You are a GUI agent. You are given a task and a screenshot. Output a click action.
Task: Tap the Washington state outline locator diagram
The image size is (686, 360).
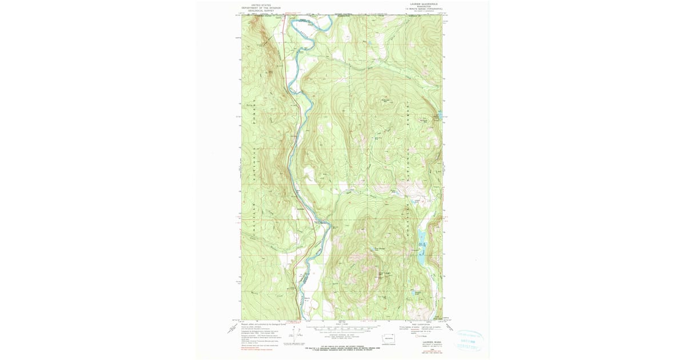(x=389, y=340)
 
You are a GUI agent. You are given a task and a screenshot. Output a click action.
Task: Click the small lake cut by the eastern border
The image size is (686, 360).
(x=440, y=113)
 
